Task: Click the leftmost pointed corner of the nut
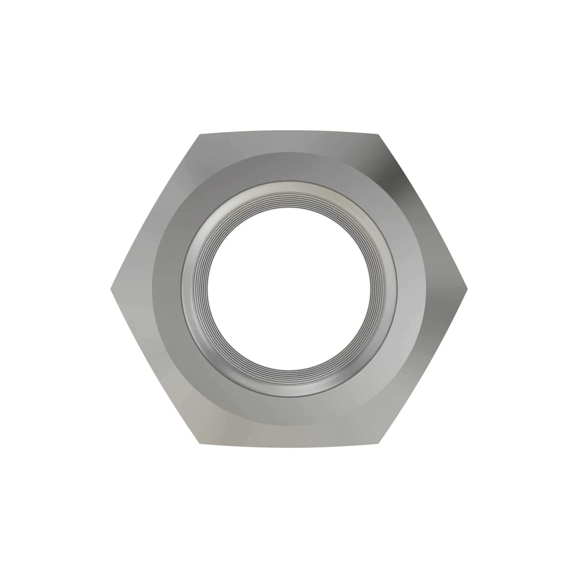(x=111, y=289)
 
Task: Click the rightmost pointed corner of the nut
(x=467, y=289)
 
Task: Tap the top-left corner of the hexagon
(x=200, y=135)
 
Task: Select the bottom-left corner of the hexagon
(x=200, y=443)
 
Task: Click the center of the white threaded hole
(x=289, y=289)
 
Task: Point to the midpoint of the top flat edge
(x=289, y=131)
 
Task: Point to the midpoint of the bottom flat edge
(x=289, y=447)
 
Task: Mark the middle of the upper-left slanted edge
(x=155, y=212)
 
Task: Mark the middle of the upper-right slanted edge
(x=423, y=212)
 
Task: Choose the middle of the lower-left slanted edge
(x=155, y=366)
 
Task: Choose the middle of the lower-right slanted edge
(x=423, y=366)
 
